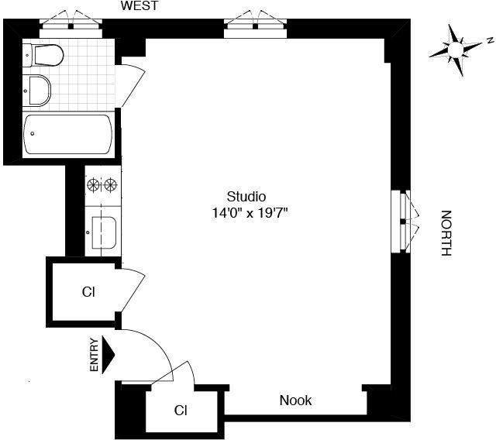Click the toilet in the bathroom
tap(45, 55)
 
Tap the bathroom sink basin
tap(37, 90)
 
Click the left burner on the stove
tap(95, 184)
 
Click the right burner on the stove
tap(112, 184)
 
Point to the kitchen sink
tap(105, 230)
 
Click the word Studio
tap(246, 196)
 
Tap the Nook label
tap(295, 400)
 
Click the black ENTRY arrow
tap(108, 355)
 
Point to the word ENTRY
tap(95, 356)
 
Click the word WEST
tap(139, 6)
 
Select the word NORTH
tap(446, 233)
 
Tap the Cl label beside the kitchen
tap(88, 292)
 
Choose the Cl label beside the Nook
tap(181, 410)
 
